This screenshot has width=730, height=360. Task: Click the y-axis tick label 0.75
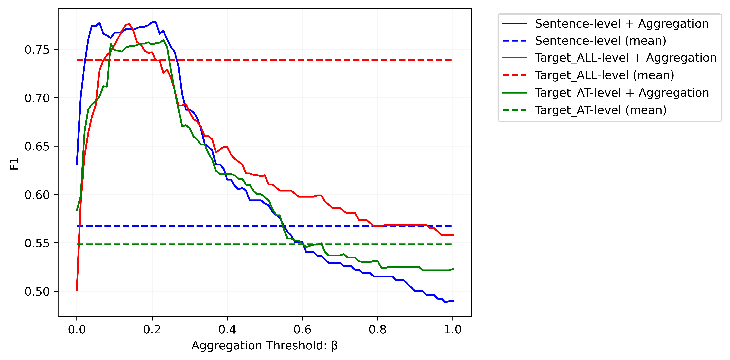[37, 50]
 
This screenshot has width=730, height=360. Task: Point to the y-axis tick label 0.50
[37, 292]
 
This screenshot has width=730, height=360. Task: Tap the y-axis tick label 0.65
[37, 147]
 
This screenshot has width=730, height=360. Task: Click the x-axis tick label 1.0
[453, 329]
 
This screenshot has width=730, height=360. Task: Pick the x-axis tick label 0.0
[77, 329]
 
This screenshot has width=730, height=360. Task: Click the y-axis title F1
[14, 164]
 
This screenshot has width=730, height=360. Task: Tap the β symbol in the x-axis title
[334, 346]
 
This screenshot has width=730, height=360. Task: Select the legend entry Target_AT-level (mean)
[601, 110]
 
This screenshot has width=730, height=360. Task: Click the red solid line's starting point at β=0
[77, 290]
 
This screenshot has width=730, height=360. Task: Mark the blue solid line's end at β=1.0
[453, 301]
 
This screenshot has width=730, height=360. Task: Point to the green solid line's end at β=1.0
[453, 269]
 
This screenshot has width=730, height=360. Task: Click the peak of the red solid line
[129, 24]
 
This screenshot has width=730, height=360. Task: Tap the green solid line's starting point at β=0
[77, 211]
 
